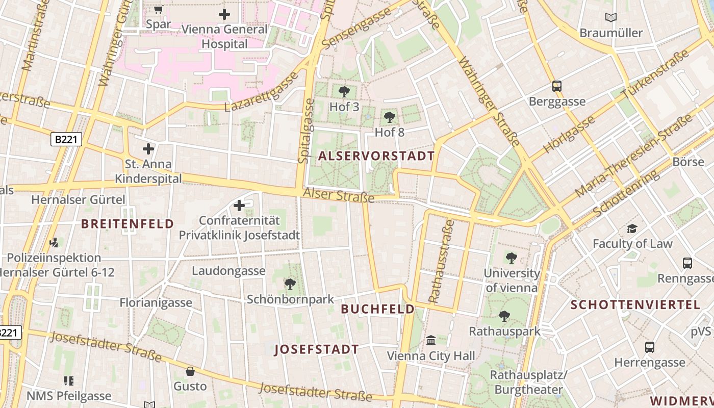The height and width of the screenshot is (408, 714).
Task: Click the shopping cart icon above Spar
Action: click(x=158, y=9)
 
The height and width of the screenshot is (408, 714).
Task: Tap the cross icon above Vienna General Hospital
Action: click(x=224, y=14)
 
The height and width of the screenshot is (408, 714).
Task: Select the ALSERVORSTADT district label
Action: click(x=376, y=156)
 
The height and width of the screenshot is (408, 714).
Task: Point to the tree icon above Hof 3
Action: click(x=344, y=92)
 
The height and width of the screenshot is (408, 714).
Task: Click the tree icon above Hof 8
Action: click(x=390, y=117)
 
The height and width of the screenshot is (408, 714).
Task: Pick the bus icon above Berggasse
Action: click(x=557, y=86)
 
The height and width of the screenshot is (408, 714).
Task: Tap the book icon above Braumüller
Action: click(x=611, y=18)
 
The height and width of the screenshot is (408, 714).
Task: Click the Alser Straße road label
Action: click(x=339, y=195)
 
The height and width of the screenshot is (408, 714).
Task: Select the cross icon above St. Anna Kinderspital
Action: click(x=148, y=149)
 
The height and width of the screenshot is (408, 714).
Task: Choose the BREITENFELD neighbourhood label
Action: click(x=127, y=223)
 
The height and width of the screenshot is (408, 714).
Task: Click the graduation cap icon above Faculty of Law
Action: click(x=632, y=228)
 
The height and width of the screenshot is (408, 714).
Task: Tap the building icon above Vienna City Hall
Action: click(x=431, y=340)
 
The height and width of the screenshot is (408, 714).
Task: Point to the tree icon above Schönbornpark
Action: click(x=290, y=284)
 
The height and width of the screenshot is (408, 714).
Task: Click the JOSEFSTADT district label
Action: click(x=317, y=349)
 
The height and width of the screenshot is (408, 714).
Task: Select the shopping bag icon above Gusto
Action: click(x=190, y=371)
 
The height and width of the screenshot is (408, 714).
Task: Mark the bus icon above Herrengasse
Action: click(x=650, y=347)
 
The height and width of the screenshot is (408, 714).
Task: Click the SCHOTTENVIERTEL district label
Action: click(x=635, y=305)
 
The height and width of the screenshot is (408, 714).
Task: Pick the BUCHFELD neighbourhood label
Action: click(x=378, y=309)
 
